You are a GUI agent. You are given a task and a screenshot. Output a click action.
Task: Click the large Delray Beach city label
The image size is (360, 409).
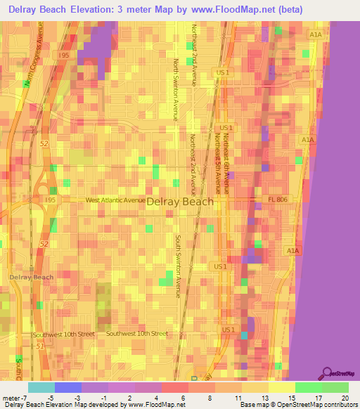(x=179, y=201)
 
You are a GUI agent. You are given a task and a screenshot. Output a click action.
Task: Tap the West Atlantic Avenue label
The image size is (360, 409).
(x=116, y=200)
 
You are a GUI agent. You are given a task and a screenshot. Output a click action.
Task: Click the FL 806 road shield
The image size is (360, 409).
(x=276, y=200)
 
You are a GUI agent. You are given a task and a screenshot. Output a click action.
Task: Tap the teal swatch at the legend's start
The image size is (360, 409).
(x=41, y=387)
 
